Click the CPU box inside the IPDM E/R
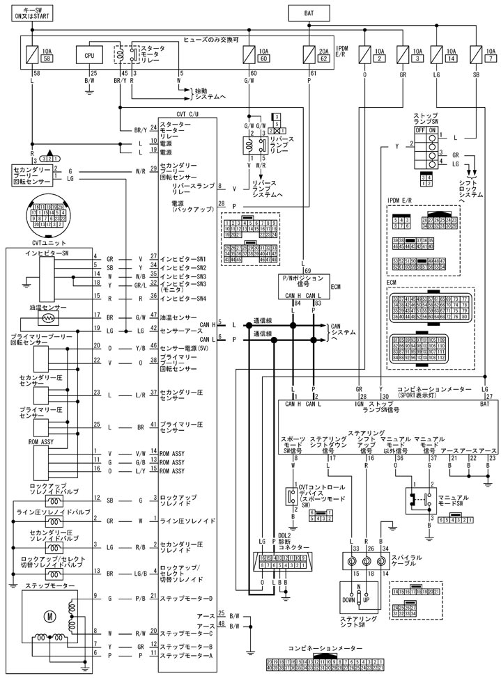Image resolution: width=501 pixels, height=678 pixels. [x=90, y=54]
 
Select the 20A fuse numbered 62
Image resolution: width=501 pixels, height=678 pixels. [x=311, y=54]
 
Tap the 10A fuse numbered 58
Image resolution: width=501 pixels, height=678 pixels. [x=32, y=54]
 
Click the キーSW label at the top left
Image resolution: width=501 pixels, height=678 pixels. [x=32, y=12]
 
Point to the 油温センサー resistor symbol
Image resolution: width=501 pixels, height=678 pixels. [x=49, y=317]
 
